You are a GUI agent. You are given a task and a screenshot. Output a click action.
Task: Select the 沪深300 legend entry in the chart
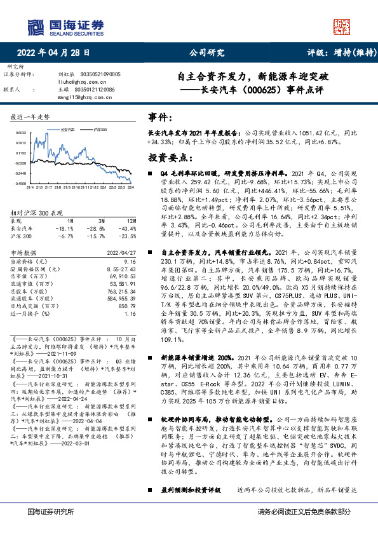[99, 129]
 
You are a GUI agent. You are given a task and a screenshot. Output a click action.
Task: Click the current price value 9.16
[130, 261]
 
